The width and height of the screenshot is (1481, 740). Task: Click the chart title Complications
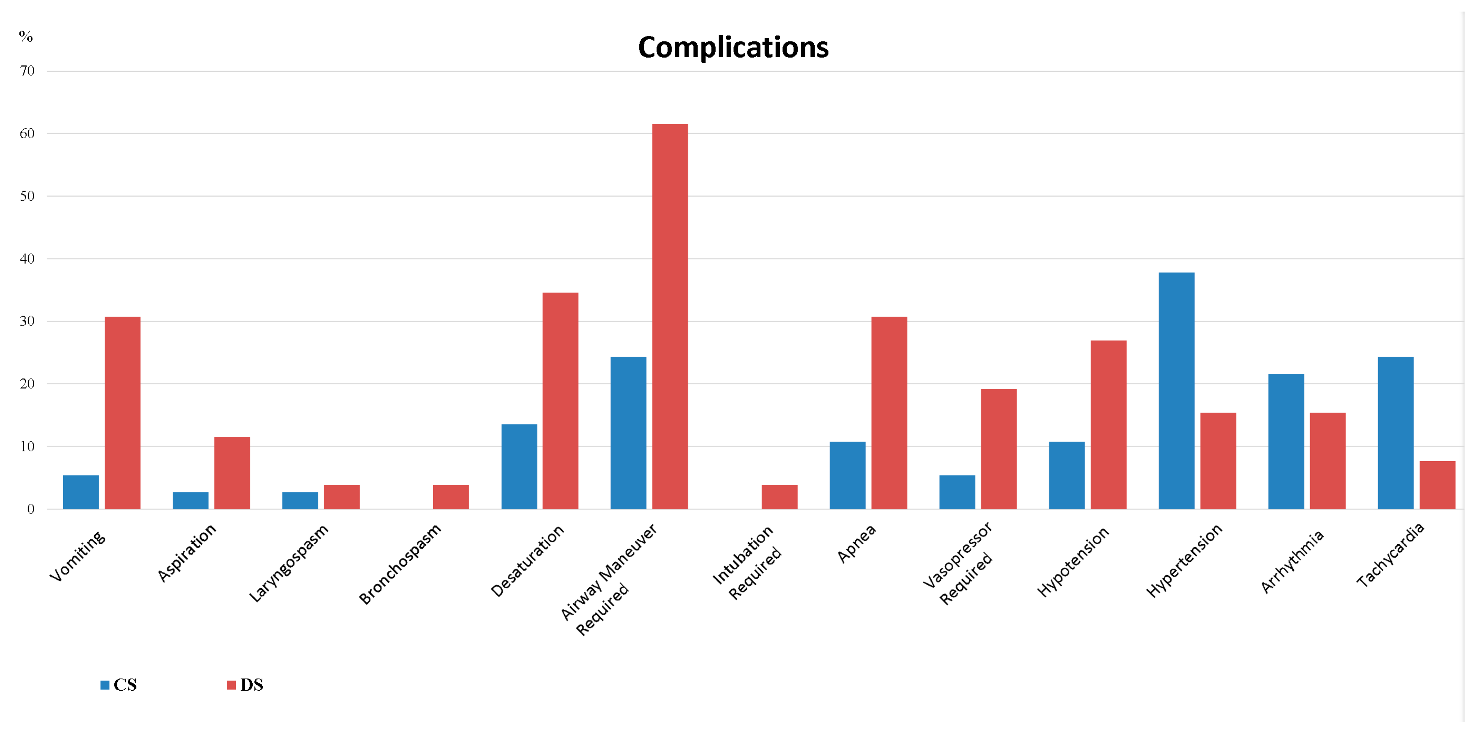pos(733,47)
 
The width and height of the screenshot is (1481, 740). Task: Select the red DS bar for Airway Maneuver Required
pos(670,316)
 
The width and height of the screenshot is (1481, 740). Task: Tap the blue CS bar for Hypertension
pos(1176,391)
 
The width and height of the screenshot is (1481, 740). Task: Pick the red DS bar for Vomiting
pos(123,413)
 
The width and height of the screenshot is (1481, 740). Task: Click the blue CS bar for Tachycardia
pos(1395,433)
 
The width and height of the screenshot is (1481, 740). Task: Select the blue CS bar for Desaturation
pos(519,467)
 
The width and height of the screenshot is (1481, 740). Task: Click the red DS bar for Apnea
pos(889,413)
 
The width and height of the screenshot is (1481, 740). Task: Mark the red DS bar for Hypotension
pos(1108,425)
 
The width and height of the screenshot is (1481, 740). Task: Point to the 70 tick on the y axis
pos(27,71)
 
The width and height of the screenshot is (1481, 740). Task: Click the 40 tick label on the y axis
pos(27,259)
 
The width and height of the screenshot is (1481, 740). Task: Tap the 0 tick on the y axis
pos(31,509)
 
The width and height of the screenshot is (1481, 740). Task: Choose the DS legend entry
pos(246,685)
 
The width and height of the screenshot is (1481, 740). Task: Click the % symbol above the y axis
pos(26,37)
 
